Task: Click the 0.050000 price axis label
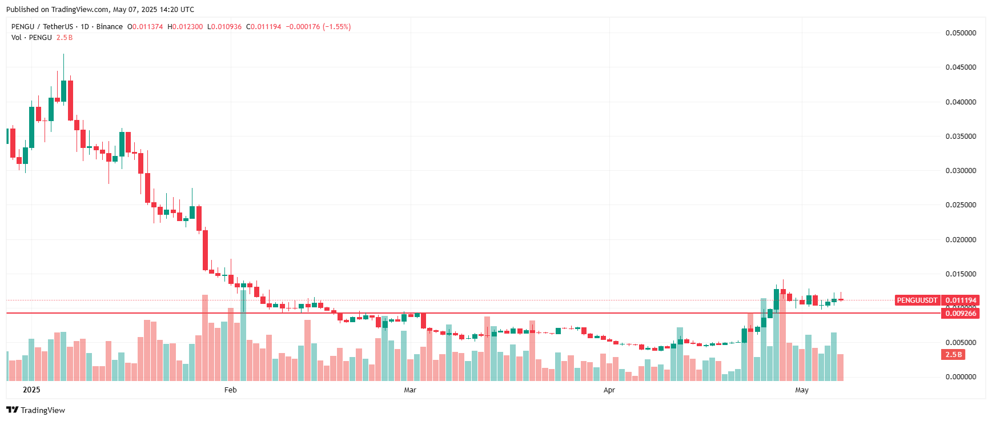click(961, 33)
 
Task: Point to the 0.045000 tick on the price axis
click(961, 67)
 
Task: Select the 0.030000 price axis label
click(961, 171)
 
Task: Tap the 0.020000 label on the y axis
click(961, 240)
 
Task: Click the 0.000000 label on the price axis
click(961, 377)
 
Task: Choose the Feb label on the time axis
click(230, 390)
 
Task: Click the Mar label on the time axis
click(410, 390)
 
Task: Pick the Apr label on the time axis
click(609, 390)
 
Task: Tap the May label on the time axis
click(802, 390)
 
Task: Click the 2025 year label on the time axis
click(31, 390)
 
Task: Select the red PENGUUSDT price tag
click(917, 300)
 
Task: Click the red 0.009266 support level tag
click(961, 314)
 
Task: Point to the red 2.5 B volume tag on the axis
click(954, 355)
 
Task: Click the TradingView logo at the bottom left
click(36, 410)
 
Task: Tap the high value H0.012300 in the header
click(185, 27)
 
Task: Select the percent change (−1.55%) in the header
click(336, 27)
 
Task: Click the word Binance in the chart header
click(109, 27)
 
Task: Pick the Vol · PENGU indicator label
click(31, 38)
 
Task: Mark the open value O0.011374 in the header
click(145, 27)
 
